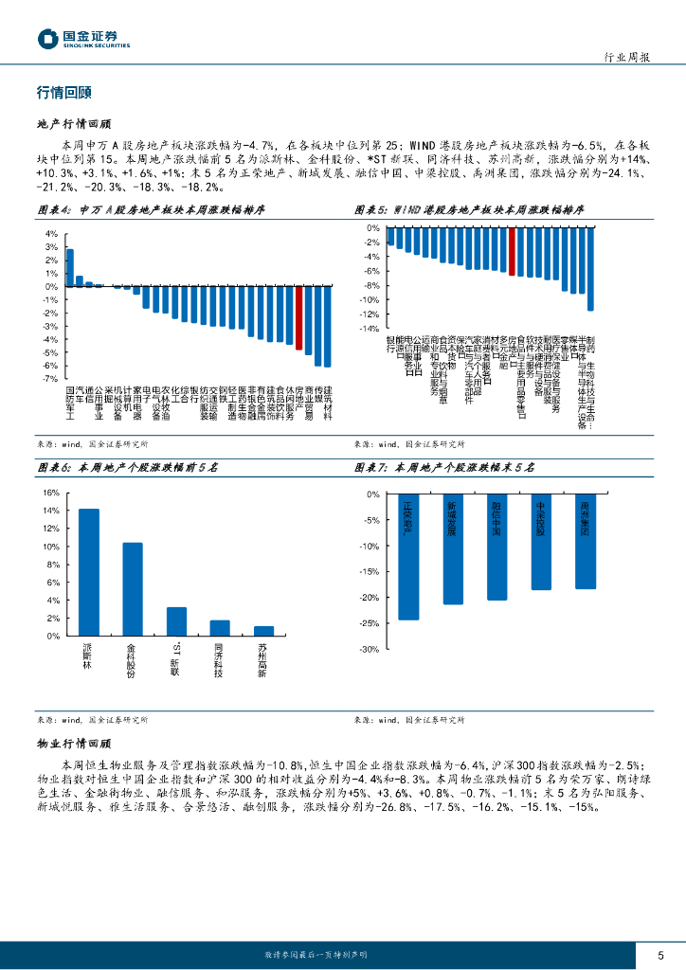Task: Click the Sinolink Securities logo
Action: [83, 39]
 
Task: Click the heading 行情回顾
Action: [63, 93]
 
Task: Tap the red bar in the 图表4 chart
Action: [298, 317]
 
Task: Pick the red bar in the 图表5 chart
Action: [513, 252]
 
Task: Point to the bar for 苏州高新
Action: [263, 631]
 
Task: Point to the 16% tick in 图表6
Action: [51, 493]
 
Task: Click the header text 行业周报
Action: [626, 58]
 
